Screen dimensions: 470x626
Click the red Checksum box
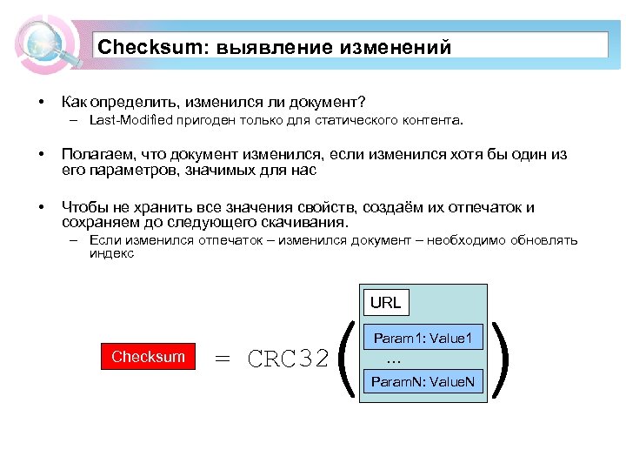[149, 357]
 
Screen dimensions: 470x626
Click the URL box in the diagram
[385, 303]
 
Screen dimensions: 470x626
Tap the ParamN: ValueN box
[422, 381]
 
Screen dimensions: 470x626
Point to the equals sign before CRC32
[223, 359]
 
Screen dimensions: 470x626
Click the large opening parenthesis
[344, 358]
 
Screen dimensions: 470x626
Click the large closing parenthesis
[501, 358]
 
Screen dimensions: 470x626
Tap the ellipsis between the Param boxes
[392, 359]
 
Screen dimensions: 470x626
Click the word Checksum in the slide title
[146, 47]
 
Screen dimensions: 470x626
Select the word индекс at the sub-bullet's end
[111, 254]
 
